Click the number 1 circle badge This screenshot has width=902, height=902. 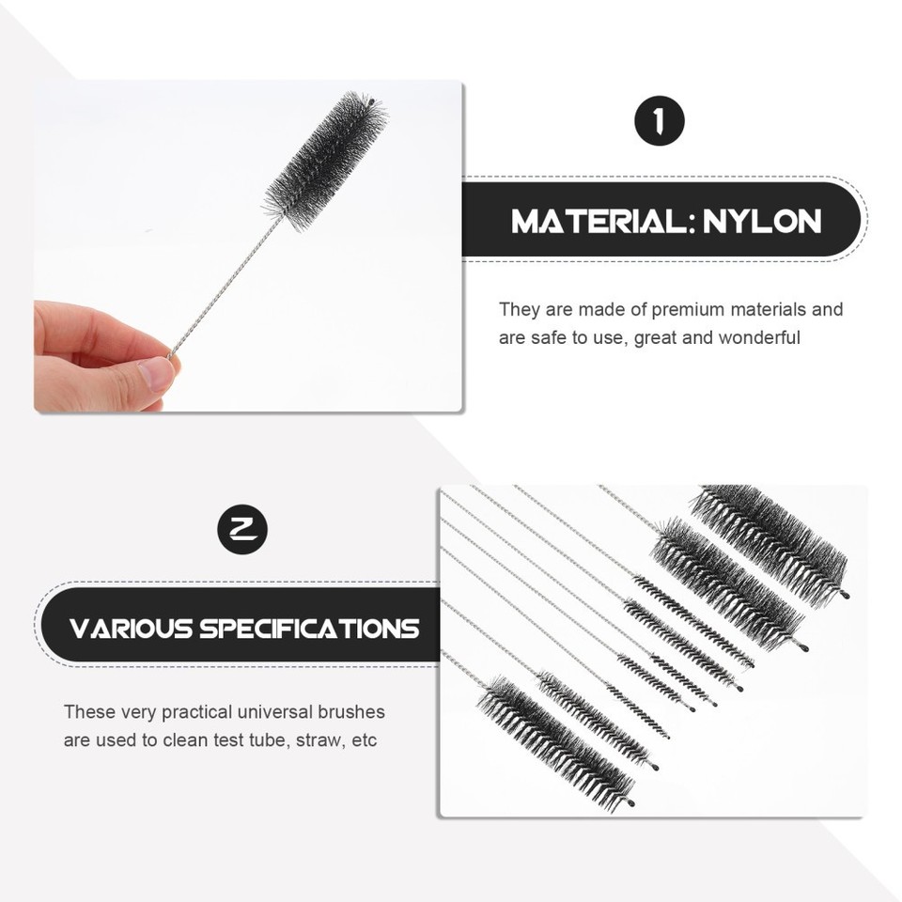click(660, 121)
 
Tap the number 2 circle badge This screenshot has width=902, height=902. click(242, 529)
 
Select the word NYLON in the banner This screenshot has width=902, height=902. click(762, 222)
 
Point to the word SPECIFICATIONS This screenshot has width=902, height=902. click(309, 628)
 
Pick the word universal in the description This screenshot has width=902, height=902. click(277, 712)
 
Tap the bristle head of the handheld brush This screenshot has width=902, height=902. click(325, 160)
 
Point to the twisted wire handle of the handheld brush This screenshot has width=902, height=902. click(225, 287)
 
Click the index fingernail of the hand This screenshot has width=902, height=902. click(156, 374)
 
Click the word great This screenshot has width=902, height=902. click(656, 337)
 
